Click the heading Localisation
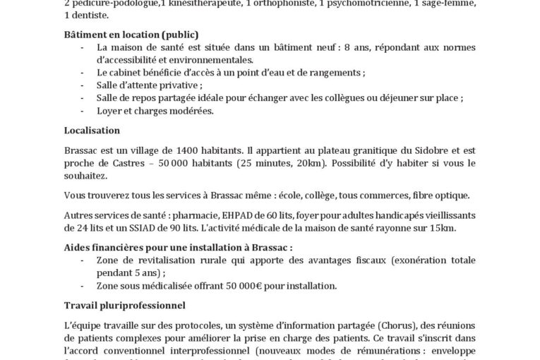click(x=91, y=131)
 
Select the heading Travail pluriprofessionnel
click(x=124, y=306)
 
